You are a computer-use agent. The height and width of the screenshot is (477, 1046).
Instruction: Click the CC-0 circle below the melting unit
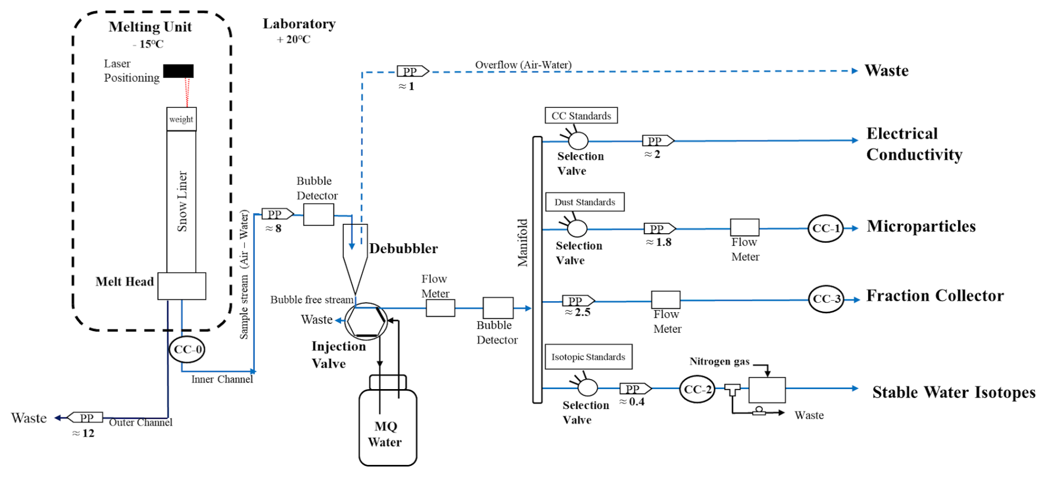tap(187, 349)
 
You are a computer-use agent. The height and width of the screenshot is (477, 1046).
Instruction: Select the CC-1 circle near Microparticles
tap(825, 228)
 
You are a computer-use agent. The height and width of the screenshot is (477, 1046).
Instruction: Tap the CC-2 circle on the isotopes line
tap(697, 389)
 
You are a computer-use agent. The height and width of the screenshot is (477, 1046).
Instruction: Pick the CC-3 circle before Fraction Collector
tap(826, 299)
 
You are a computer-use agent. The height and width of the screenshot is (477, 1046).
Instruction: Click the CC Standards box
tap(581, 116)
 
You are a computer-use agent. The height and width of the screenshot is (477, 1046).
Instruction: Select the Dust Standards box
tap(585, 202)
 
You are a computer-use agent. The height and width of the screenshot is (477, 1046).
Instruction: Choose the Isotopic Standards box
tap(588, 357)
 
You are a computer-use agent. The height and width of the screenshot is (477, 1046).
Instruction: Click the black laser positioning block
tap(178, 71)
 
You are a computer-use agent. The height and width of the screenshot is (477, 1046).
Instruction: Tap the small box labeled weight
tap(181, 119)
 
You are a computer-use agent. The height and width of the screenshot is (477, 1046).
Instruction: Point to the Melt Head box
tap(182, 286)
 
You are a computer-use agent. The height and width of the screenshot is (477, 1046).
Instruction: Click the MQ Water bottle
tap(388, 427)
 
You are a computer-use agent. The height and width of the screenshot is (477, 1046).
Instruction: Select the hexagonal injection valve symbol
tap(366, 321)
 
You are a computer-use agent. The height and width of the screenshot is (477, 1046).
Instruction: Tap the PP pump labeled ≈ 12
tap(85, 418)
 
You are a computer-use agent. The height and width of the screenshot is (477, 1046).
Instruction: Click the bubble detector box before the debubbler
tap(318, 214)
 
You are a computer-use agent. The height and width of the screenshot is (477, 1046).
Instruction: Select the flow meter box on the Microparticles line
tap(744, 228)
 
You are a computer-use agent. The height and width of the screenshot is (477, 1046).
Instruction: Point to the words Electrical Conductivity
tap(914, 144)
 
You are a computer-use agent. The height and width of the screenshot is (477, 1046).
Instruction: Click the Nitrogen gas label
tap(719, 361)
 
